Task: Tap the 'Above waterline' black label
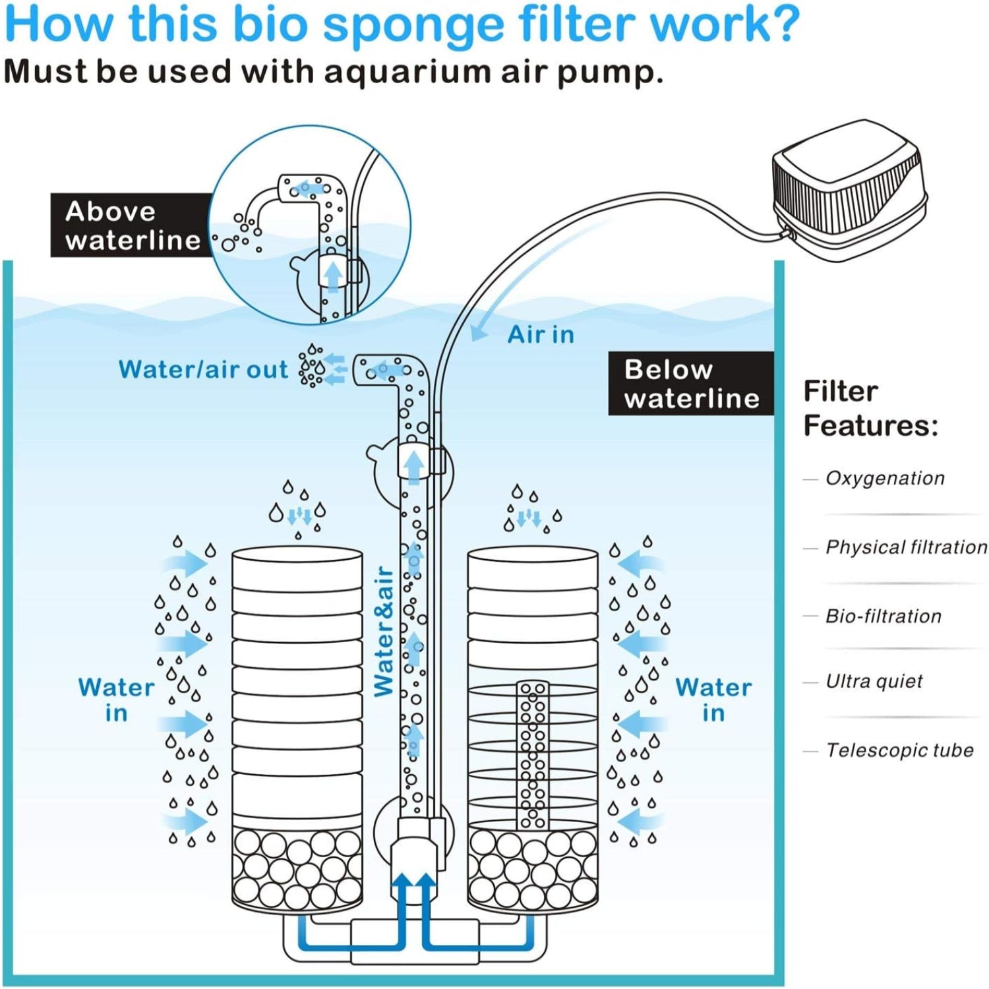click(x=132, y=225)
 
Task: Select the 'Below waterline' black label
click(x=690, y=384)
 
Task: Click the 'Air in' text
click(x=541, y=335)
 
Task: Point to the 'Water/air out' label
click(x=203, y=370)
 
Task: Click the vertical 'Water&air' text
click(x=384, y=631)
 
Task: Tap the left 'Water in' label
click(x=116, y=700)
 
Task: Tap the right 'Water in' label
click(x=713, y=700)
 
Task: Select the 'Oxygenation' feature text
click(x=885, y=478)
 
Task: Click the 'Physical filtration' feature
click(x=906, y=547)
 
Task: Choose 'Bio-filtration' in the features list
click(x=884, y=616)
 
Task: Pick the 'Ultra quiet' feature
click(x=874, y=681)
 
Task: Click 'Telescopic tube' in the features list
click(x=899, y=750)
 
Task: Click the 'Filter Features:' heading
click(x=870, y=408)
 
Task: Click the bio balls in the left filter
click(x=297, y=867)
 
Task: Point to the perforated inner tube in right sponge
click(x=533, y=755)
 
